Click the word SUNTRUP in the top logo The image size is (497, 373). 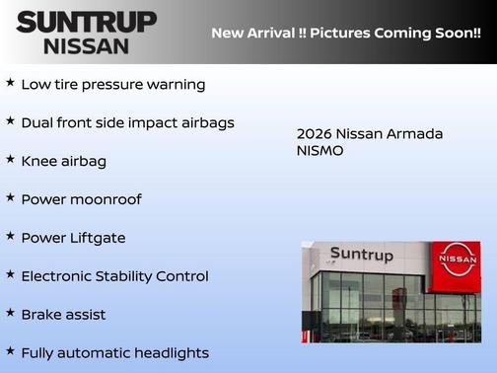pyautogui.click(x=87, y=22)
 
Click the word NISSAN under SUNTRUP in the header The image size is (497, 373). pyautogui.click(x=87, y=45)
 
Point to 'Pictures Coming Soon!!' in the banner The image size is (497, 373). pyautogui.click(x=397, y=34)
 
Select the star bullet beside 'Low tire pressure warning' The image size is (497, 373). pyautogui.click(x=10, y=83)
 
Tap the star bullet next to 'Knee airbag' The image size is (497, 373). pyautogui.click(x=10, y=159)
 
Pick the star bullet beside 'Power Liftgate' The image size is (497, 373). pyautogui.click(x=10, y=236)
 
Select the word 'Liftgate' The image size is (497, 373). pyautogui.click(x=97, y=238)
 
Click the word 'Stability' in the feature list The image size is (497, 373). pyautogui.click(x=134, y=276)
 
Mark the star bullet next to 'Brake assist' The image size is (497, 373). pyautogui.click(x=10, y=313)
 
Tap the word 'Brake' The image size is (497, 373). pyautogui.click(x=42, y=315)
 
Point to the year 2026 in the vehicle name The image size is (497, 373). pyautogui.click(x=315, y=134)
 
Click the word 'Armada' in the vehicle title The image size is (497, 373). pyautogui.click(x=414, y=134)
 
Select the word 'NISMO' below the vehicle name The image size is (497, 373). pyautogui.click(x=320, y=152)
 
